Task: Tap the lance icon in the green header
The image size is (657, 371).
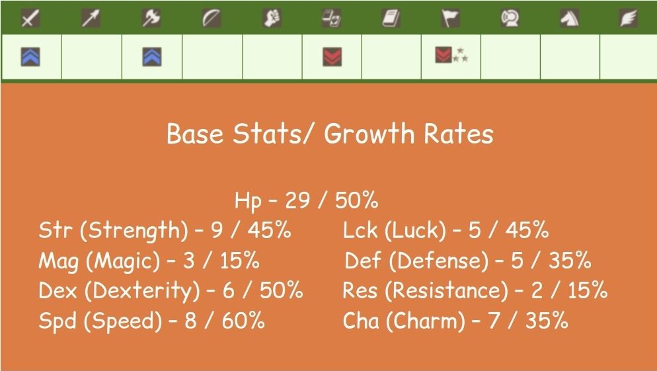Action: [x=91, y=19]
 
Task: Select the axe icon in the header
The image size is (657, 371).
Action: [x=151, y=19]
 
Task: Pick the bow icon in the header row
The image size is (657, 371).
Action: [x=212, y=19]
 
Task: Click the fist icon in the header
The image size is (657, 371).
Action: [x=272, y=19]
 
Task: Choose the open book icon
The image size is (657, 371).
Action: [x=391, y=19]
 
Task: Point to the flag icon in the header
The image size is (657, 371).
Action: [x=451, y=19]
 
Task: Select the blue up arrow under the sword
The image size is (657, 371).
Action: [x=30, y=57]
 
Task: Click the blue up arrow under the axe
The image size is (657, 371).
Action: [x=152, y=57]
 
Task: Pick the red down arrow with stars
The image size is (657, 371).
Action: [x=444, y=56]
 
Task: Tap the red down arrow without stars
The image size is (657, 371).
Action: [x=332, y=57]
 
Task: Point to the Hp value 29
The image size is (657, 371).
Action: [x=297, y=200]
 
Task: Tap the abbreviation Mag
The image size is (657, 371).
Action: [x=59, y=261]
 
